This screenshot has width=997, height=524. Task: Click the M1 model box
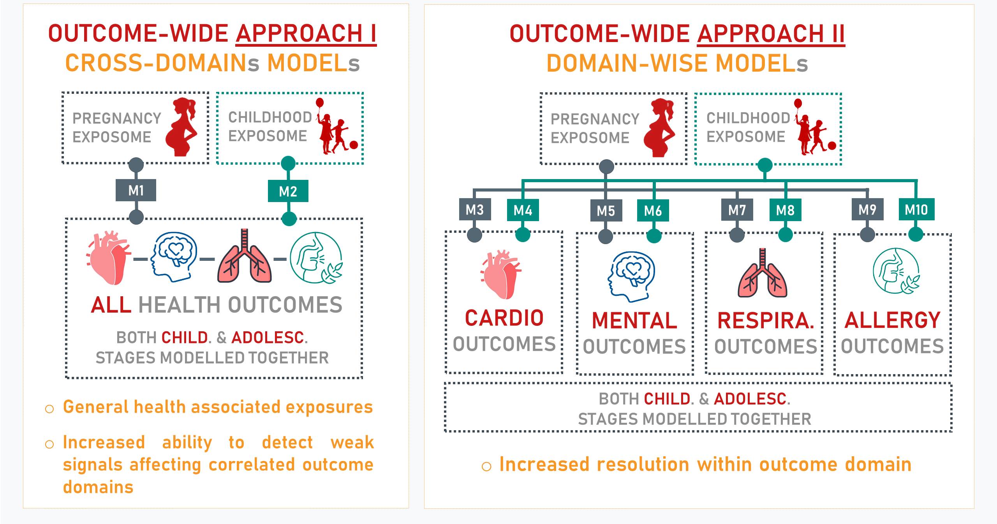pos(136,190)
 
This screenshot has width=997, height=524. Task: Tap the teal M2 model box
pos(288,191)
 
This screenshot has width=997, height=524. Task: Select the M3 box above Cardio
pos(475,210)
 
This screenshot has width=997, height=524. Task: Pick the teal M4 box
pos(523,210)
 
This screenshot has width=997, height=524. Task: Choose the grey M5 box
pos(606,211)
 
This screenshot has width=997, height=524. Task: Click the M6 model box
pos(653,211)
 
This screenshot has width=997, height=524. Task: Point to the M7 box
pos(737,210)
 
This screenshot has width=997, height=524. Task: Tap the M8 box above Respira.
pos(785,210)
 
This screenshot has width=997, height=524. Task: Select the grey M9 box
pos(867,210)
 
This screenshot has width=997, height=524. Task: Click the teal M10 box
pos(916,210)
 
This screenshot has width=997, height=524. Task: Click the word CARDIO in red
pos(504,318)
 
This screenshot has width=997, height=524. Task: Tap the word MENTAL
pos(634,321)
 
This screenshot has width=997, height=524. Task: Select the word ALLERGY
pos(893,320)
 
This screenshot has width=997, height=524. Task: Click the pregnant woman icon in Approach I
pos(182,127)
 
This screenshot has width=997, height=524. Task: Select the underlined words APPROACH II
pos(771,34)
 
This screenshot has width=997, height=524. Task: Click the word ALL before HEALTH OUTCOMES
pos(111,304)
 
